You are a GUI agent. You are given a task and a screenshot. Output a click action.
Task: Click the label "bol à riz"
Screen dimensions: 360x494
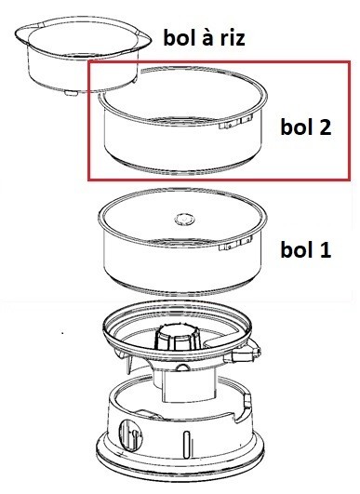(x=204, y=37)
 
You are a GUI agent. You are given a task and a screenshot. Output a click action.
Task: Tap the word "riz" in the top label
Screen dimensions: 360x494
(x=233, y=37)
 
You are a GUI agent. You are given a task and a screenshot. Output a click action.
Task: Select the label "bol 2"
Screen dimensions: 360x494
(x=306, y=127)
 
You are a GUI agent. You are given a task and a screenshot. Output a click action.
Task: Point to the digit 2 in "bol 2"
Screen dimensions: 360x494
(x=324, y=127)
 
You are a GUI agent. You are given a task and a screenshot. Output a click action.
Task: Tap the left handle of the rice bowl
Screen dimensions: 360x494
(x=21, y=34)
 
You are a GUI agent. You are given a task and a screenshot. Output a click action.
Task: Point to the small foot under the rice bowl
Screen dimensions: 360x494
(x=70, y=93)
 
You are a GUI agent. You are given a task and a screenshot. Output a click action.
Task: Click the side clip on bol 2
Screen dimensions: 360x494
(x=235, y=123)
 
